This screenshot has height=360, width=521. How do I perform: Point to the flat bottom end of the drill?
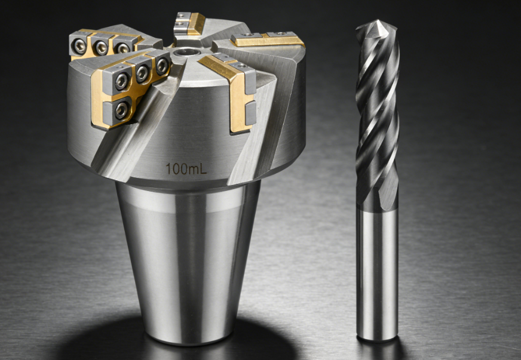[x=376, y=339]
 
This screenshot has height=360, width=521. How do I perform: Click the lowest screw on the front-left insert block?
[x=121, y=109]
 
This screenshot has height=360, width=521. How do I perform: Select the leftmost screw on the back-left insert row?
[x=80, y=44]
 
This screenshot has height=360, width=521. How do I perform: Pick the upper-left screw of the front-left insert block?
[x=122, y=79]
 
